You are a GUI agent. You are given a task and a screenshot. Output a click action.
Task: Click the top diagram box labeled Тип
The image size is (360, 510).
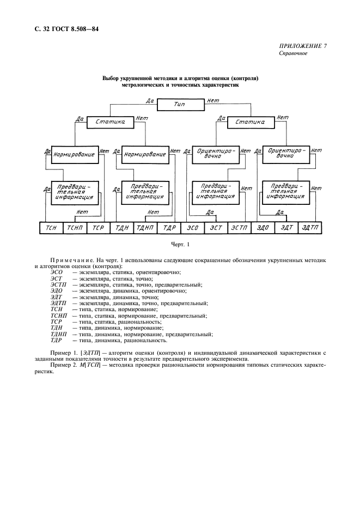[180, 104]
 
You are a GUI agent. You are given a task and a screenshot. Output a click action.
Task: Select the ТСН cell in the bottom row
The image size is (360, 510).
[52, 228]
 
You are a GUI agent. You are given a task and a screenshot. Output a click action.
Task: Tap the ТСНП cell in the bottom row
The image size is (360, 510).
[75, 228]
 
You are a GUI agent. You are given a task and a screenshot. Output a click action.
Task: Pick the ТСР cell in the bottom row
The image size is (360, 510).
[99, 228]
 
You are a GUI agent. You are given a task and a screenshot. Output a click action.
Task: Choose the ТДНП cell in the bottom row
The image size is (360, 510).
[145, 228]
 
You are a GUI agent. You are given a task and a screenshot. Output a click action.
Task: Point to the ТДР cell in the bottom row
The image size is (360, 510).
[168, 228]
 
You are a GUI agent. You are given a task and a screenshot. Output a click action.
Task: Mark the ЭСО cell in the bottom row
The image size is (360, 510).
[192, 228]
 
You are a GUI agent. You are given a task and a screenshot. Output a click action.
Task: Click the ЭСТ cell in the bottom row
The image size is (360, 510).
[216, 228]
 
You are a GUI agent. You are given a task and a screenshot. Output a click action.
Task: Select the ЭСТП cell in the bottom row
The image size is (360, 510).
[239, 228]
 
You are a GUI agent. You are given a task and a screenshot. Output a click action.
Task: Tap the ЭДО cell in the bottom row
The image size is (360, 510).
[263, 228]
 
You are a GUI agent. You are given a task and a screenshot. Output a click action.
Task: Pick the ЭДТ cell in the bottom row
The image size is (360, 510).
[286, 228]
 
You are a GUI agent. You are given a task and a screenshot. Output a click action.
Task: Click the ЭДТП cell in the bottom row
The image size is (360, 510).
[310, 228]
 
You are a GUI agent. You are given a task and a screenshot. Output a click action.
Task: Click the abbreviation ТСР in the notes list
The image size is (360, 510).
[57, 322]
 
